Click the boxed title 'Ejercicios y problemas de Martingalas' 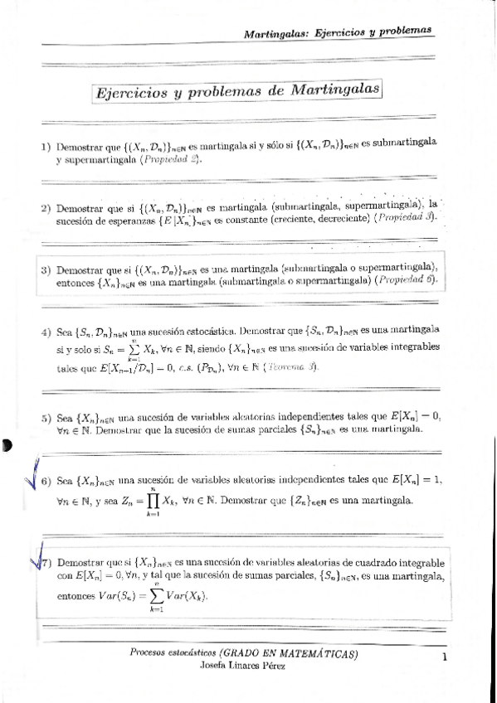pos(235,90)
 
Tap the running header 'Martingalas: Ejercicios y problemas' pos(339,32)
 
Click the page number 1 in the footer pos(446,658)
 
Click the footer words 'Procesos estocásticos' pos(174,654)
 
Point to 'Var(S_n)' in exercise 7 pos(114,595)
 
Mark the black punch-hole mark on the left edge pos(7,445)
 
